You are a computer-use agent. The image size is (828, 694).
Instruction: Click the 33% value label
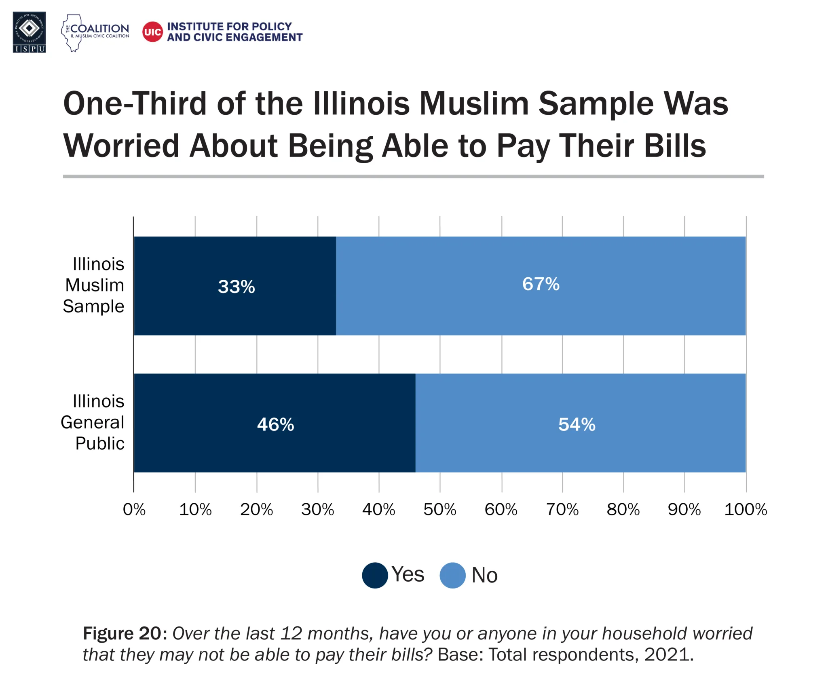pos(236,287)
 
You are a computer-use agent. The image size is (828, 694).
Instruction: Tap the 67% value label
pos(541,284)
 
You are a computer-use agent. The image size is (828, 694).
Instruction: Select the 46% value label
pos(275,424)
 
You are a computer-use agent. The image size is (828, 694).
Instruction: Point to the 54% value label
pos(577,424)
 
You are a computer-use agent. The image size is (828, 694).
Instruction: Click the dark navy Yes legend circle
pos(375,575)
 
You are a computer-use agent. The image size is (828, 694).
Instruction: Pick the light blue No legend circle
pos(452,575)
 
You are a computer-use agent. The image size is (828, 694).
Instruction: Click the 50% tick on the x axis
pos(439,509)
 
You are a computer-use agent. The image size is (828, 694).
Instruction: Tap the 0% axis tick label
pos(134,509)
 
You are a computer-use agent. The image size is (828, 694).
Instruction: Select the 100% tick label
pos(745,509)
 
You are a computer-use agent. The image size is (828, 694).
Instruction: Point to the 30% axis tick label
pos(317,509)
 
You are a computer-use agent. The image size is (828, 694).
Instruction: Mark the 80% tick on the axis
pos(623,509)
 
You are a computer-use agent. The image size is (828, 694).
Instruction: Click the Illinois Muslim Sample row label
pos(94,285)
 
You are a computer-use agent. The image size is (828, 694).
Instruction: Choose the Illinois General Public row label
pos(93,422)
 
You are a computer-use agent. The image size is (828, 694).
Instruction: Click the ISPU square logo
pos(29,32)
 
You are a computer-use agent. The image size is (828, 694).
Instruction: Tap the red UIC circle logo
pos(152,32)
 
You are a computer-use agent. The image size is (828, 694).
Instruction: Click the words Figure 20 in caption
pos(122,633)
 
